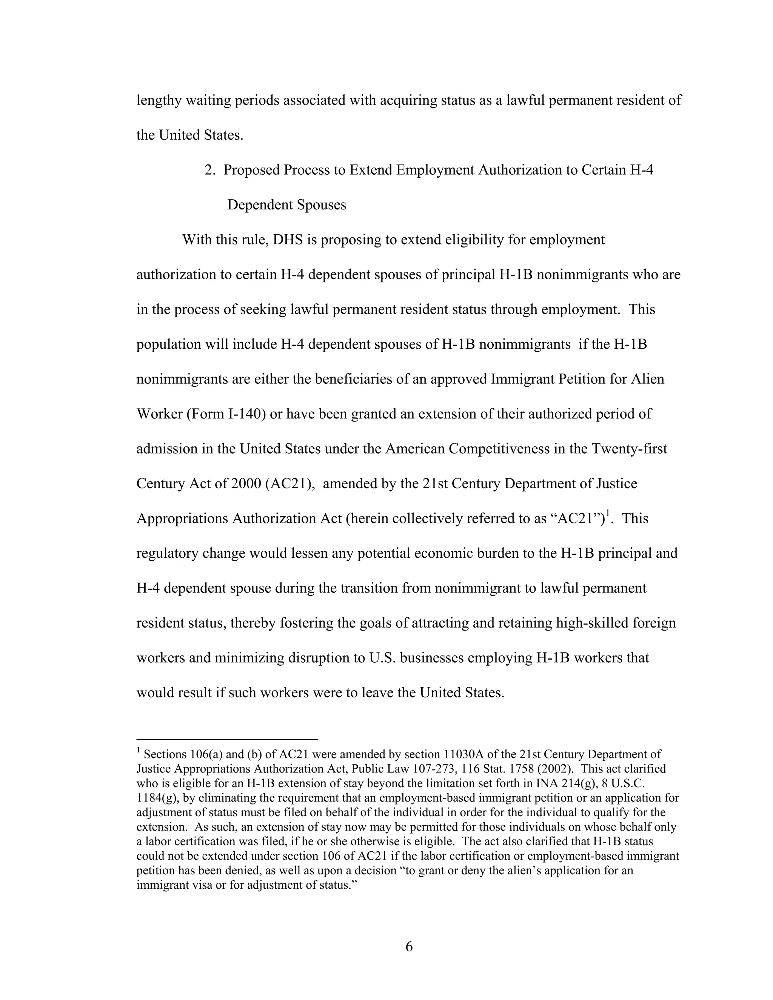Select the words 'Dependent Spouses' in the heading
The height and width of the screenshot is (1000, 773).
click(287, 205)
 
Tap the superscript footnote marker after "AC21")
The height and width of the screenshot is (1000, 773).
click(608, 514)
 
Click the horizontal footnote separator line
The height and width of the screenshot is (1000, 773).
click(227, 739)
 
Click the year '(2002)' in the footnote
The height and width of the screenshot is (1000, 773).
click(554, 769)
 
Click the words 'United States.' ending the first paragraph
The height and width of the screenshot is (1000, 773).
click(200, 135)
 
